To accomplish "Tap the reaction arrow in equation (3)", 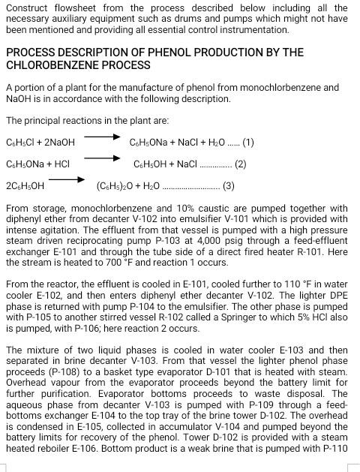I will (66, 179).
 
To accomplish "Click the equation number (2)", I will (240, 164).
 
